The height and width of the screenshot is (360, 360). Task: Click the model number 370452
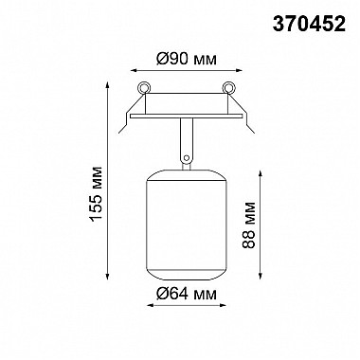coord(309,24)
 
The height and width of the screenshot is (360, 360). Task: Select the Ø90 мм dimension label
coord(187,59)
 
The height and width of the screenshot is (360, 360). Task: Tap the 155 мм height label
coord(97,193)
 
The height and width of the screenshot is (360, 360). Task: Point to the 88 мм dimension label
coord(249,225)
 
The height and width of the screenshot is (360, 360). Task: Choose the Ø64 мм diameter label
coord(187,294)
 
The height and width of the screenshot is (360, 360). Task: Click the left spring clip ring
coord(144,88)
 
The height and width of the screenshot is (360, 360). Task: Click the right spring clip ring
coord(228,88)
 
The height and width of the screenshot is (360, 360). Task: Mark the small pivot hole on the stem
coord(187,157)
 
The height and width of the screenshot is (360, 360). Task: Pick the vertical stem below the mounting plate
coord(187,140)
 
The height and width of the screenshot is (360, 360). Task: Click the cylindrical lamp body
coord(187,225)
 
